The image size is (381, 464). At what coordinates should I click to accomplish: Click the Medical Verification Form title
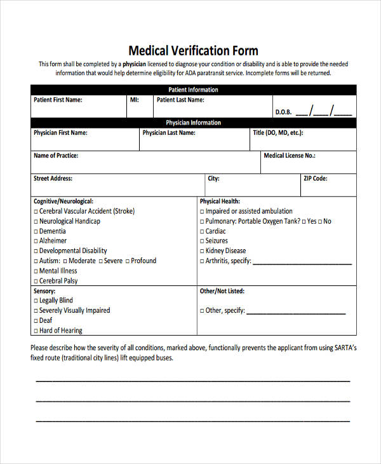tap(193, 50)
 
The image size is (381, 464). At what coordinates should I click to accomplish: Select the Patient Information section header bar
tap(193, 90)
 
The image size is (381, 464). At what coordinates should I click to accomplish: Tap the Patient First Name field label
tap(57, 100)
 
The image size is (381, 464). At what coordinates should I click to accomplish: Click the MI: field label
tap(134, 100)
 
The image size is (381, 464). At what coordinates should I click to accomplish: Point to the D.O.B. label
tap(283, 113)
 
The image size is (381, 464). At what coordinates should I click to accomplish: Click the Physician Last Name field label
tap(169, 133)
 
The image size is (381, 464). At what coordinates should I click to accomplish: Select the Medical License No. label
tap(289, 155)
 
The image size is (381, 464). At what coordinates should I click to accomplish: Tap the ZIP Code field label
tap(315, 179)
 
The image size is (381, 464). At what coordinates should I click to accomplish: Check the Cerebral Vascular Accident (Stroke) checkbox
tap(36, 212)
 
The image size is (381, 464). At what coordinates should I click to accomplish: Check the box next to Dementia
tap(36, 231)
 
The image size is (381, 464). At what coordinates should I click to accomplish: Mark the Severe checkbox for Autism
tap(100, 261)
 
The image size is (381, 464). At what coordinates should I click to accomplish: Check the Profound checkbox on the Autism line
tap(128, 261)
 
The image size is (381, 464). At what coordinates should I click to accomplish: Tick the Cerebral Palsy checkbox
tap(36, 281)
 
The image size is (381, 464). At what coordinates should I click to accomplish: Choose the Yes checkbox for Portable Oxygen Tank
tap(304, 222)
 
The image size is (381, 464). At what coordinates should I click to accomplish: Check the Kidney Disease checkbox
tap(202, 251)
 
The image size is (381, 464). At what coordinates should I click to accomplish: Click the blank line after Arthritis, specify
tap(302, 262)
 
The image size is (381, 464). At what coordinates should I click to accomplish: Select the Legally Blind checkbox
tap(36, 301)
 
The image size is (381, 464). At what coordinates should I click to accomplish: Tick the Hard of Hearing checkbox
tap(36, 331)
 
